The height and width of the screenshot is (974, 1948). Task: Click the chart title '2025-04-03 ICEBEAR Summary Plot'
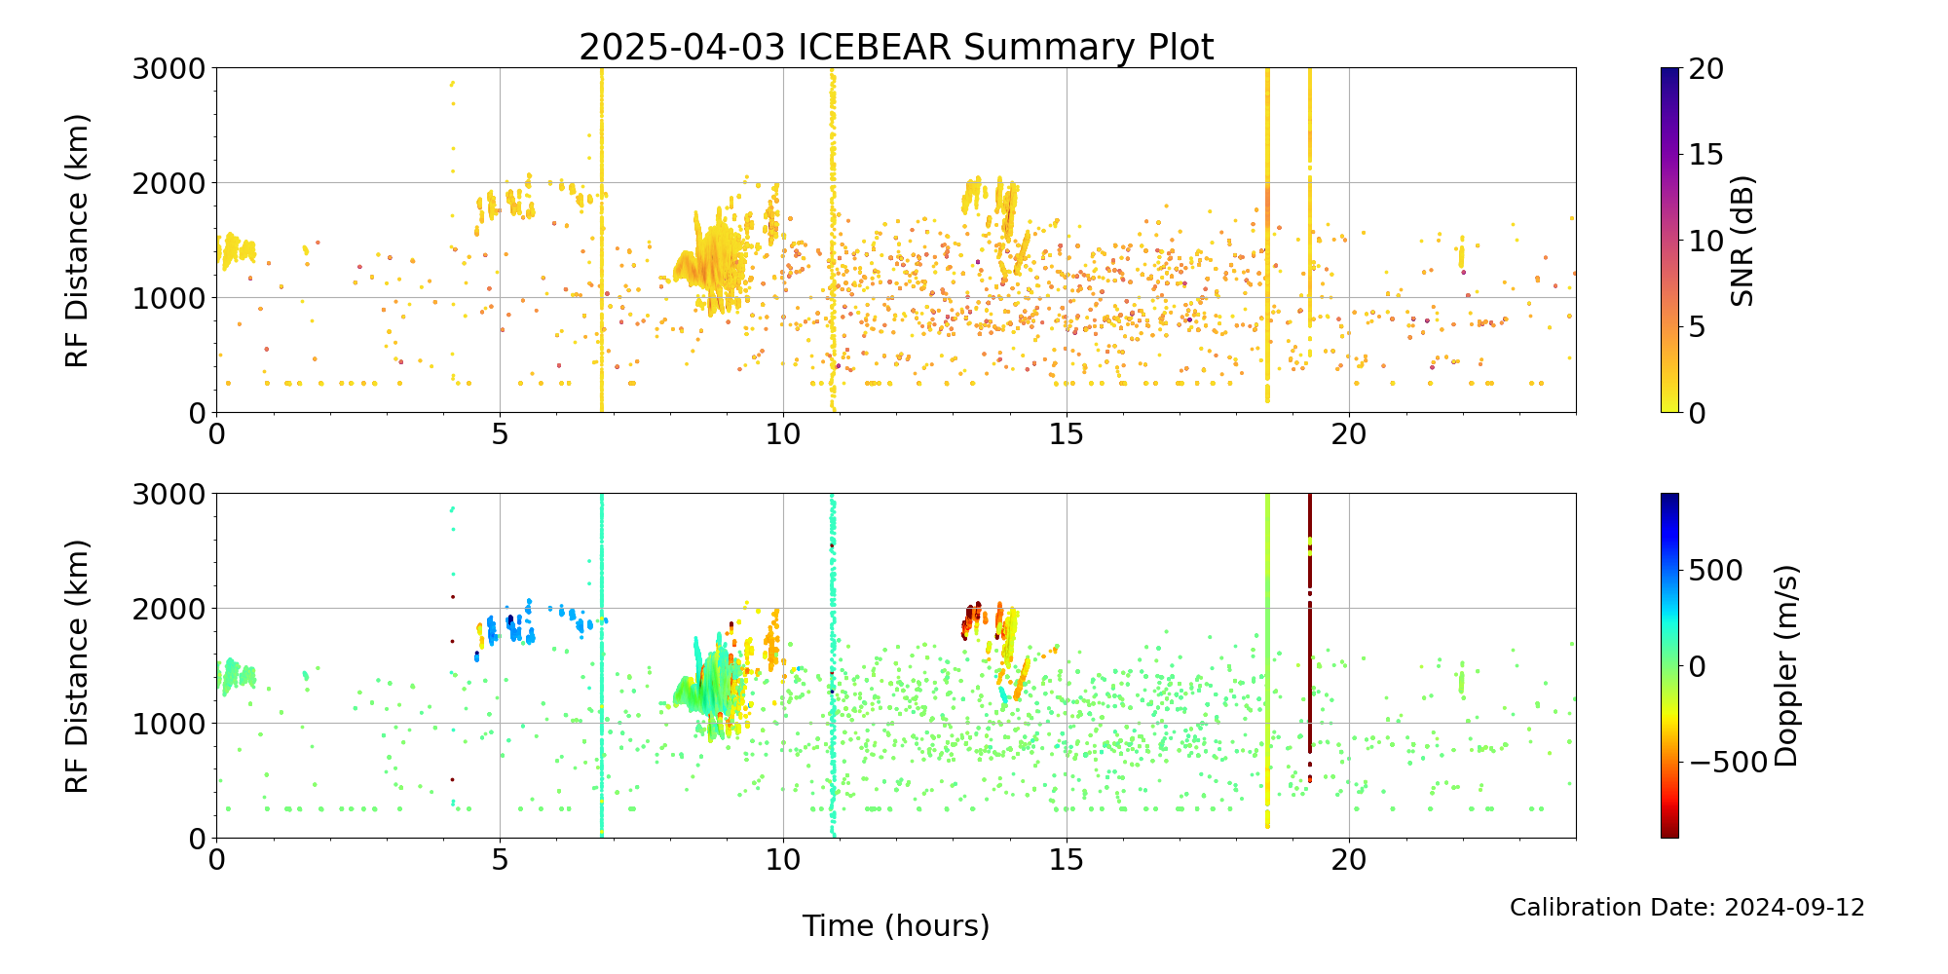[x=896, y=47]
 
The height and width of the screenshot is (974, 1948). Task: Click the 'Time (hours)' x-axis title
[x=896, y=925]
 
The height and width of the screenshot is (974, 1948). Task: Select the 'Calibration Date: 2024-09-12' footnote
[x=1687, y=908]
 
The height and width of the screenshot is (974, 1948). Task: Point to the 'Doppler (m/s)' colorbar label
[x=1786, y=666]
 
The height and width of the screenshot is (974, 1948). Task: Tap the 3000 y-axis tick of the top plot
[x=169, y=68]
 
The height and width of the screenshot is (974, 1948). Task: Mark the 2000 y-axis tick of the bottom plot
[x=169, y=609]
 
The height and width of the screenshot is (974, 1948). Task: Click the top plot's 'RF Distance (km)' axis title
[x=77, y=241]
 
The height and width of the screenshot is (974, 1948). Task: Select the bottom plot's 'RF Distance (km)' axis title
[x=77, y=666]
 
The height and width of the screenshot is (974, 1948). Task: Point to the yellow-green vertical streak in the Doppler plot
[x=1267, y=662]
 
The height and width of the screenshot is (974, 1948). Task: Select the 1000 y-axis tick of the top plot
[x=169, y=298]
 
